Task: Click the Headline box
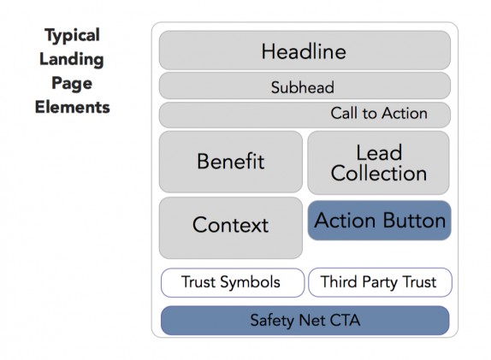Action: pyautogui.click(x=305, y=50)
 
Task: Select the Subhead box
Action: pyautogui.click(x=305, y=86)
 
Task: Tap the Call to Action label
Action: pyautogui.click(x=379, y=113)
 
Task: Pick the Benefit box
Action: pyautogui.click(x=231, y=162)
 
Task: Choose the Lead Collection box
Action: pyautogui.click(x=378, y=162)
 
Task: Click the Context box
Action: pyautogui.click(x=231, y=227)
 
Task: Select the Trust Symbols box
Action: pyautogui.click(x=233, y=282)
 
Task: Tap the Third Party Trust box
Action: pyautogui.click(x=380, y=282)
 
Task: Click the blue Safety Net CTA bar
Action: pyautogui.click(x=305, y=321)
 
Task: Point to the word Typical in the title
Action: pyautogui.click(x=73, y=35)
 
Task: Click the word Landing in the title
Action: pyautogui.click(x=72, y=60)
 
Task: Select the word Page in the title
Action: pyautogui.click(x=72, y=84)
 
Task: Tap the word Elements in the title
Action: pyautogui.click(x=73, y=107)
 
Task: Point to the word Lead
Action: pyautogui.click(x=379, y=152)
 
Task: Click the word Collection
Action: pyautogui.click(x=379, y=173)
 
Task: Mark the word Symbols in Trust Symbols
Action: pyautogui.click(x=250, y=282)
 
